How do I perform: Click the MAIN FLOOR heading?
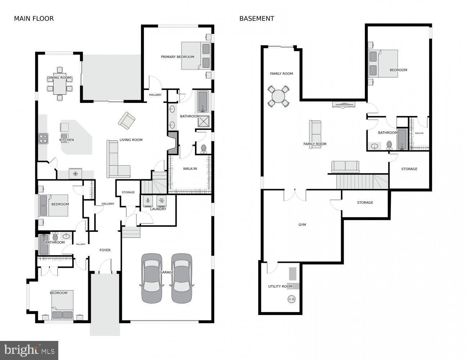coord(33,19)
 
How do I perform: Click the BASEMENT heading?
coord(257,19)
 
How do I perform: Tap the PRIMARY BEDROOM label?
coord(177,57)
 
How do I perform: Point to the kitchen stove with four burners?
coord(43,138)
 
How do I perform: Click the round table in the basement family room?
coord(278,96)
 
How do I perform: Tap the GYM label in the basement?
coord(302,225)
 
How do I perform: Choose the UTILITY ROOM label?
coord(280,287)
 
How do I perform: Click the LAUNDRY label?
coord(158,209)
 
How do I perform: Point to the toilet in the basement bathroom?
coord(389,145)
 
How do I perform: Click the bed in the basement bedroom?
coord(384,63)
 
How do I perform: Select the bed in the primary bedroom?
coord(196,55)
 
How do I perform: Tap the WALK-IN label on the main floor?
coord(190,168)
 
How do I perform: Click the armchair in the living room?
coord(127,121)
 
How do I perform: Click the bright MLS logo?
coord(30,350)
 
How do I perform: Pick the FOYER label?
coord(105,250)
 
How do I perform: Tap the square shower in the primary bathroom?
coord(204,121)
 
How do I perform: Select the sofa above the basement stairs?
coord(345,167)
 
